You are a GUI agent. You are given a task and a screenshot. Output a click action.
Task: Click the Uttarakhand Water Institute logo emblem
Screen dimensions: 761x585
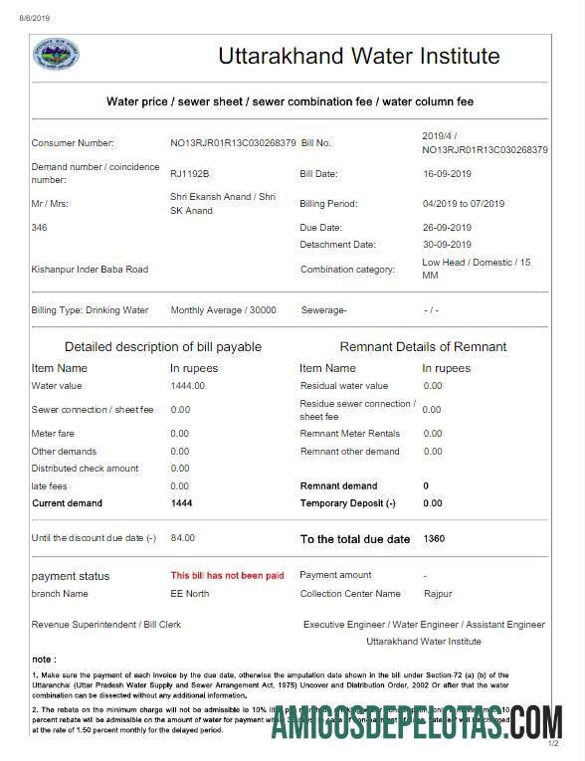pos(56,56)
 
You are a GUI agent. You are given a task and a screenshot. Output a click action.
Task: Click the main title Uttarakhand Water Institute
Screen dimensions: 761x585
pos(359,56)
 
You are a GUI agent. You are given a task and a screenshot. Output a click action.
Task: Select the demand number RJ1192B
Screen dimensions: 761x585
pos(190,174)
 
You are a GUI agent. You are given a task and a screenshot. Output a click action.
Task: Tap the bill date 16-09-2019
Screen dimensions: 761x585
pos(448,174)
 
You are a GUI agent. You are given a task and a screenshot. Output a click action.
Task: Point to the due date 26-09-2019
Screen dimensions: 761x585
pos(448,228)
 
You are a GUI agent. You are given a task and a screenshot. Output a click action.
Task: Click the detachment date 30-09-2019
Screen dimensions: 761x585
pos(448,245)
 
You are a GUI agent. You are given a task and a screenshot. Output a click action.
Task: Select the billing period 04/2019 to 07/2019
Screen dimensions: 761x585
pos(464,204)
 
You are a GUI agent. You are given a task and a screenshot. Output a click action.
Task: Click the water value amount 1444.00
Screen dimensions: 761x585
pos(188,386)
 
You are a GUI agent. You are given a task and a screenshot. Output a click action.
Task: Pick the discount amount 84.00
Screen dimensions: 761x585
pos(183,538)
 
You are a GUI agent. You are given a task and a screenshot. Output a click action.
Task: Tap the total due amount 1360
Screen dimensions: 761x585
pos(435,538)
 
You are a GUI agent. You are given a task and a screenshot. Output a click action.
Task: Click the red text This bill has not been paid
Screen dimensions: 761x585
pos(227,576)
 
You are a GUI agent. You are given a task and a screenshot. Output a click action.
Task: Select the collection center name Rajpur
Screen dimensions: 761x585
pos(437,594)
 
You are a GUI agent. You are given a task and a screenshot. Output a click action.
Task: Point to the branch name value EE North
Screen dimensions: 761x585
pos(190,594)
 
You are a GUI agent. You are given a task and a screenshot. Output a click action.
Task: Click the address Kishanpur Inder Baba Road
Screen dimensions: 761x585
pos(90,270)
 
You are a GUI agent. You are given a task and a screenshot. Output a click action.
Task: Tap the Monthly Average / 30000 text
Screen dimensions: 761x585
pos(223,310)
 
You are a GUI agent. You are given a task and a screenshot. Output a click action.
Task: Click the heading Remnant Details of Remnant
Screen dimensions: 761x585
pos(423,347)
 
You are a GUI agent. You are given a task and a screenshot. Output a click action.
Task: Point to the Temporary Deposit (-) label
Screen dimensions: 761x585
pos(347,503)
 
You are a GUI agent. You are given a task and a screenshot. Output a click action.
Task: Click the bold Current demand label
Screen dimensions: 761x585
pos(67,503)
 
